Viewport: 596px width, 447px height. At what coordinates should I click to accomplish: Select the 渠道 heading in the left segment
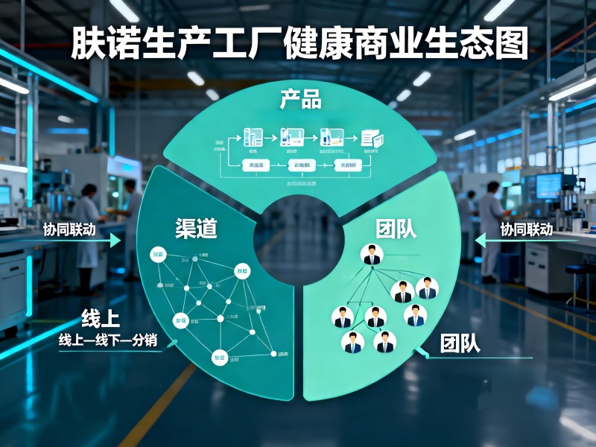(196, 228)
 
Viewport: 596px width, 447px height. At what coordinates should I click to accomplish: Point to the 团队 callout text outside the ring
(460, 343)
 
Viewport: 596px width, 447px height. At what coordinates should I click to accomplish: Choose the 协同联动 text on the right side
(526, 229)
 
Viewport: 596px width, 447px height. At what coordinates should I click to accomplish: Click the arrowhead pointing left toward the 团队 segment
(481, 239)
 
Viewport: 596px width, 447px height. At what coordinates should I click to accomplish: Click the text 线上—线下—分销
(108, 340)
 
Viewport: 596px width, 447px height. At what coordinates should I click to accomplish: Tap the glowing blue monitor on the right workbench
(548, 185)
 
